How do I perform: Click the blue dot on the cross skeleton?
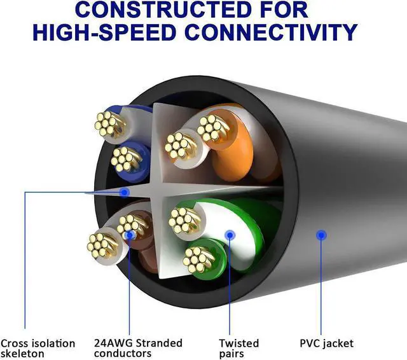(x=125, y=191)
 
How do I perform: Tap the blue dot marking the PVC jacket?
(x=322, y=235)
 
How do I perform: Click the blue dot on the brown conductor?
(x=130, y=235)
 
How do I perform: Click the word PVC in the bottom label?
(x=311, y=343)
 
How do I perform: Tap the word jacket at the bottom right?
(x=338, y=343)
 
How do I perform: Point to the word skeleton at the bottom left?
(x=22, y=353)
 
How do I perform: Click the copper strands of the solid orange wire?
(x=212, y=129)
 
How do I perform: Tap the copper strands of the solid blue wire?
(x=125, y=157)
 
